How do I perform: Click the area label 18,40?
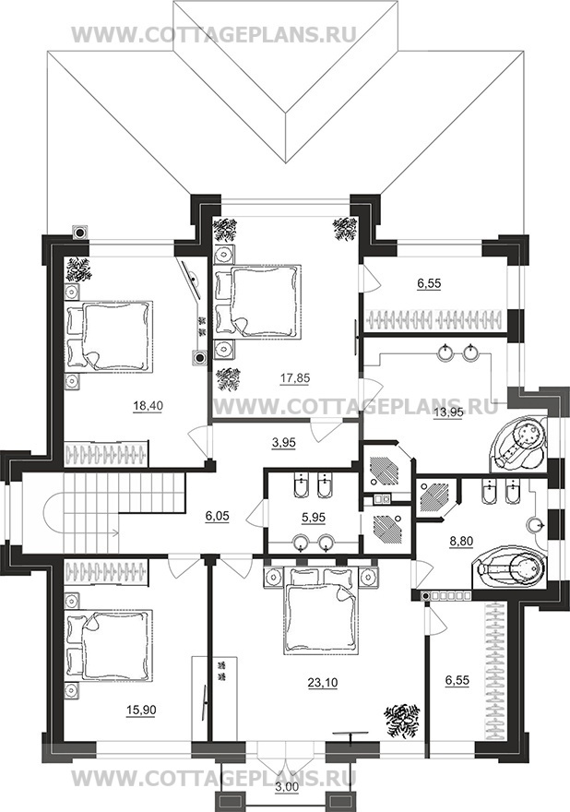tap(148, 407)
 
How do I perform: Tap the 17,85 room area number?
tap(295, 379)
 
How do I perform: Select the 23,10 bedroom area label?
tap(323, 683)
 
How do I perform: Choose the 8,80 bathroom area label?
tap(457, 541)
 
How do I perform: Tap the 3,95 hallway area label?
tap(284, 444)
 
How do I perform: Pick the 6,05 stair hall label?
tap(218, 516)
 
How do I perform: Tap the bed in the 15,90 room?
tap(109, 645)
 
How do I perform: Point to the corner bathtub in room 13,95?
tap(517, 445)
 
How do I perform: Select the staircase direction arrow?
tap(92, 531)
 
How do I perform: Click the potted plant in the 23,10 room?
tap(400, 719)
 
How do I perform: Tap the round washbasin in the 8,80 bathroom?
tap(537, 525)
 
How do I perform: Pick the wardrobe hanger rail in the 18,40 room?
tap(106, 454)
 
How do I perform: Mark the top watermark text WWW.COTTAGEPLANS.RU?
tap(213, 35)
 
